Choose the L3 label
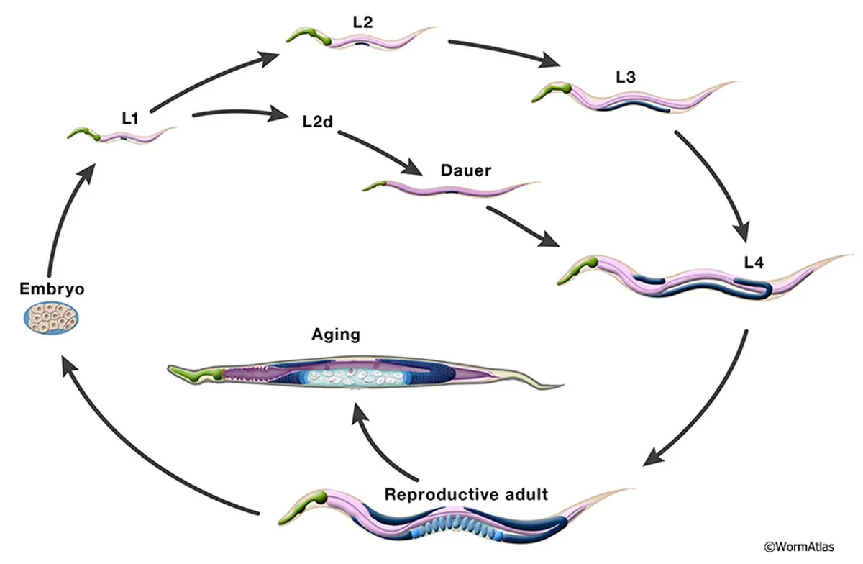pyautogui.click(x=626, y=77)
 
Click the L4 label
pyautogui.click(x=754, y=263)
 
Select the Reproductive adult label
pyautogui.click(x=466, y=495)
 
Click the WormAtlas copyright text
pyautogui.click(x=808, y=547)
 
